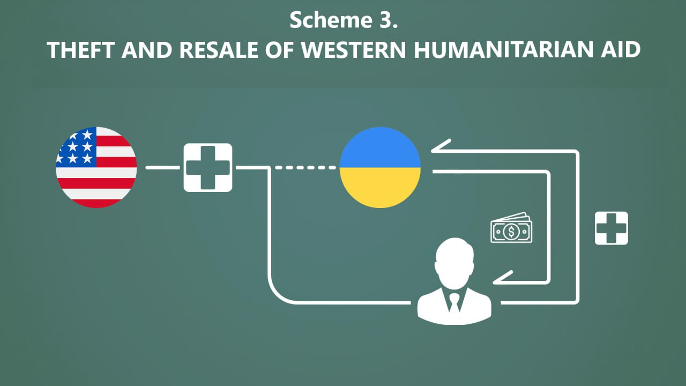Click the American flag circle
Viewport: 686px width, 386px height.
96,167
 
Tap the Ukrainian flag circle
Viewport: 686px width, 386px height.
380,167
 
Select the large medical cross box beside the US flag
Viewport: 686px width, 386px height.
208,168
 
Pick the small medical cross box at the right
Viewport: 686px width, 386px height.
612,228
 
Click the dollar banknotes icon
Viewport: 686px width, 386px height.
511,228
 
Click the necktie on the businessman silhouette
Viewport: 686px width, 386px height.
454,303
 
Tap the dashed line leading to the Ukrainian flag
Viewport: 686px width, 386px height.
305,168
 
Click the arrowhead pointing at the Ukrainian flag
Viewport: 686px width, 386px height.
441,146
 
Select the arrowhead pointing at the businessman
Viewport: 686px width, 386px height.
503,278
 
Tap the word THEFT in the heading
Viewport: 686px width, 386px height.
81,50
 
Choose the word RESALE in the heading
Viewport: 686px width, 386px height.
218,50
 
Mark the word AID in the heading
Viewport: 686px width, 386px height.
621,50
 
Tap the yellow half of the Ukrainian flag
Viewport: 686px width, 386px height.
380,188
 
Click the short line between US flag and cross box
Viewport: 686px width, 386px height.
162,168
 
